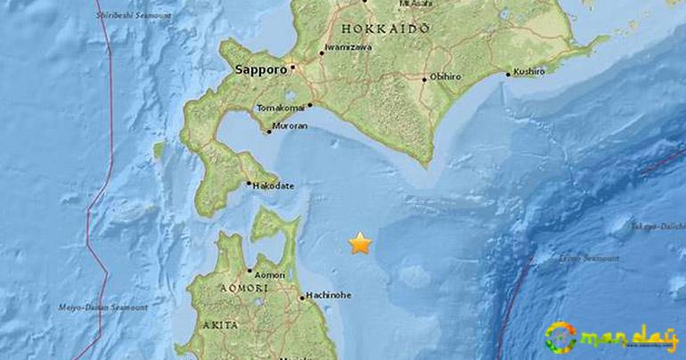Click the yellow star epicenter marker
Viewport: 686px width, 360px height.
(360, 243)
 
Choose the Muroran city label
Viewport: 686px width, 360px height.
(290, 127)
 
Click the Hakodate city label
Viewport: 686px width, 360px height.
(274, 186)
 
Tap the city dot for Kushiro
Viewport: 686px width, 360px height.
(507, 74)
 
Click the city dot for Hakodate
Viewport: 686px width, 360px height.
(249, 184)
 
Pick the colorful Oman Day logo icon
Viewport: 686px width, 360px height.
(560, 337)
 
